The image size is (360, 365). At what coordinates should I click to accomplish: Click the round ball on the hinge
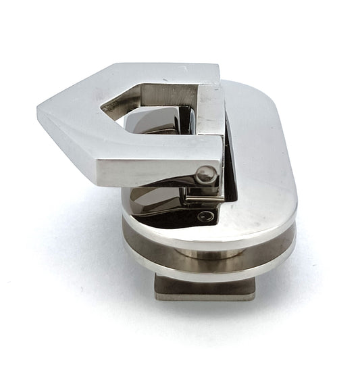pos(206,174)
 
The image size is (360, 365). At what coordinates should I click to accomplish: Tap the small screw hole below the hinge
pos(207,217)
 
